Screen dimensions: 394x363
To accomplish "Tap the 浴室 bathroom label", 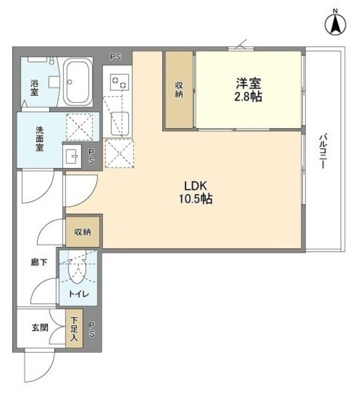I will coord(36,87).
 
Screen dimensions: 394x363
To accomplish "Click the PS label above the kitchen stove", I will coord(115,57).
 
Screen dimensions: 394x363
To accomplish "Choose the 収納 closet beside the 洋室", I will coord(179,89).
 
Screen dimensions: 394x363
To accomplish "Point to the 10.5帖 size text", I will coord(197,199).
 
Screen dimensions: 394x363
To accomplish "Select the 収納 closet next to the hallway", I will coord(84,232).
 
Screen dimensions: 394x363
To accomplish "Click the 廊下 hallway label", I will coord(39,262).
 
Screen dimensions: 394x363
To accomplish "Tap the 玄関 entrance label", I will coord(40,328).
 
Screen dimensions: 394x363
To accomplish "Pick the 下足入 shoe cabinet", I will coord(74,330).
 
